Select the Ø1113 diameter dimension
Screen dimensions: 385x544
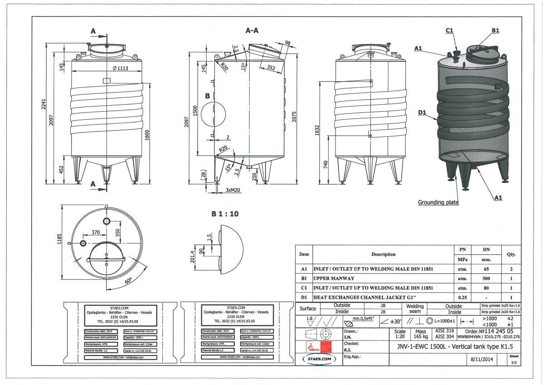pyautogui.click(x=108, y=68)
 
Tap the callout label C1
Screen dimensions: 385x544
pyautogui.click(x=450, y=30)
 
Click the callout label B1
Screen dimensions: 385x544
pyautogui.click(x=495, y=30)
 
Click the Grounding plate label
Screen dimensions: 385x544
pyautogui.click(x=438, y=202)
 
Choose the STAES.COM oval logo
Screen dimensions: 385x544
pyautogui.click(x=319, y=359)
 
